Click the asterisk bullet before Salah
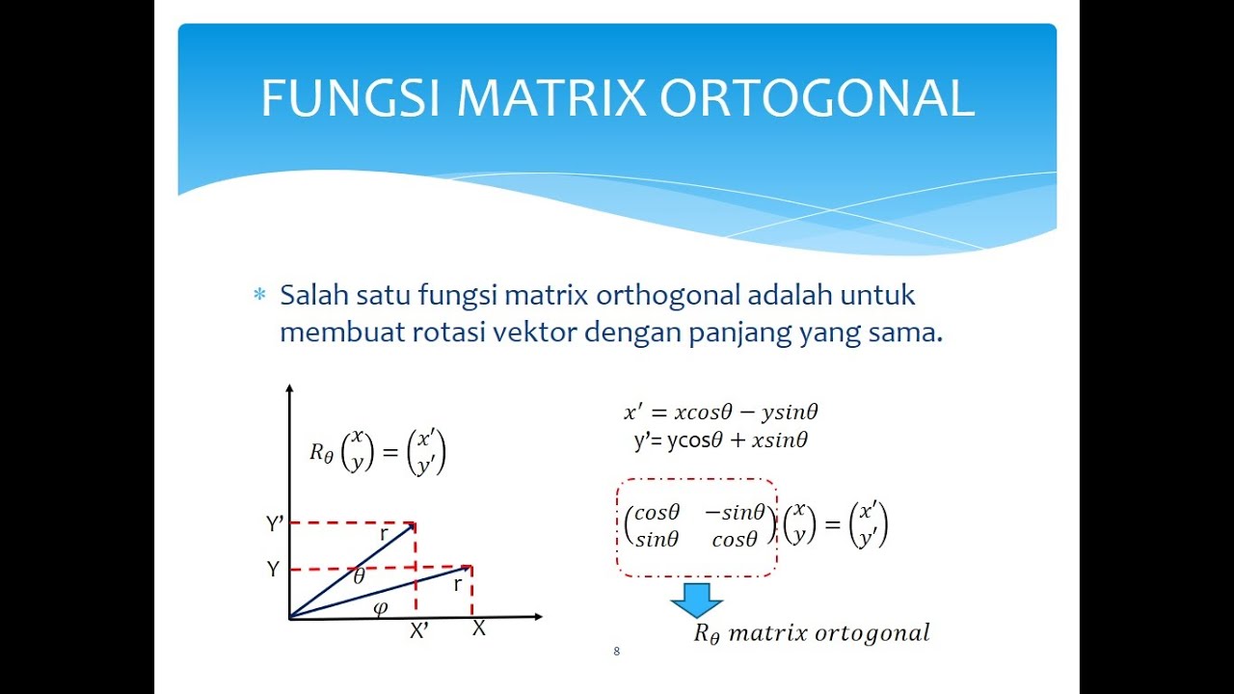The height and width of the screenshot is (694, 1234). point(258,296)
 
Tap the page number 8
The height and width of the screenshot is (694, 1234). point(616,652)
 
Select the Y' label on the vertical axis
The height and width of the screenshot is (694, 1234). point(275,524)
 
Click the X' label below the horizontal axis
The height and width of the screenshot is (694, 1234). point(419,631)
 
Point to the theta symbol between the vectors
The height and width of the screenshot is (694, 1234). point(359,577)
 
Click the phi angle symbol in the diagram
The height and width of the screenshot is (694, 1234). point(380,607)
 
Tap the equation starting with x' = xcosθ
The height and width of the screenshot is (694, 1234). point(721,413)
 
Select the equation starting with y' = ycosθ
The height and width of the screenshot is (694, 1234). point(720,441)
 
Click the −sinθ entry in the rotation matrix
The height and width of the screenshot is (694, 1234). point(735,512)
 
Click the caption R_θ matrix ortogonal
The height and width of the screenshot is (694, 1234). point(812,633)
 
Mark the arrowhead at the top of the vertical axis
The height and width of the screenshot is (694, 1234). point(289,389)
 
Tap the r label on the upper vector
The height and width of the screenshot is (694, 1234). point(384,533)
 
